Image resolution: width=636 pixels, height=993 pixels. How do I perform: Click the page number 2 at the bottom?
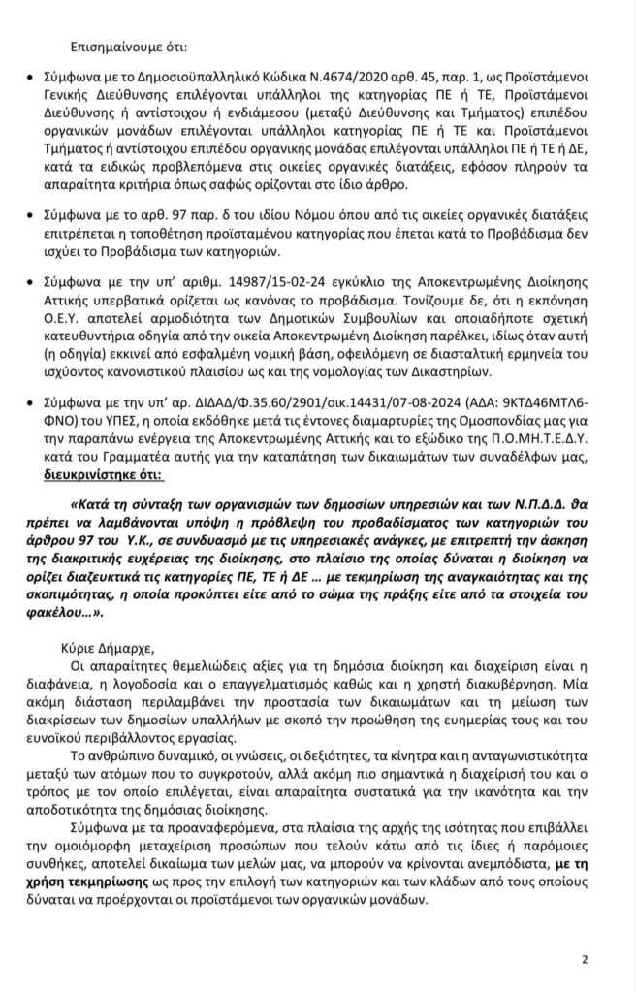pos(585,960)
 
